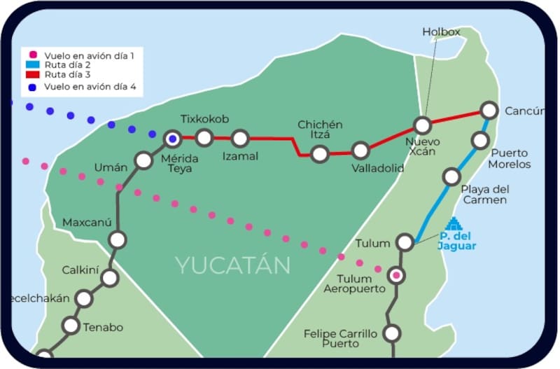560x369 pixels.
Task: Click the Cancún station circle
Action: (489, 111)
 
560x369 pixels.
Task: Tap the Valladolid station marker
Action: (360, 151)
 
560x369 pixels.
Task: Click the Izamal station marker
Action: (240, 138)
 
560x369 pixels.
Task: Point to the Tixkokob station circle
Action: (204, 138)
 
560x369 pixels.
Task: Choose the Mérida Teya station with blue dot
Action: (172, 139)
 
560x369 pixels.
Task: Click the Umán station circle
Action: (143, 160)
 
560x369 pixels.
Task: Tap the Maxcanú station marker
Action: (118, 239)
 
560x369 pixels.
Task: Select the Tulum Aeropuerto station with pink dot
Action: (397, 274)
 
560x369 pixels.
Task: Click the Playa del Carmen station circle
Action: (452, 176)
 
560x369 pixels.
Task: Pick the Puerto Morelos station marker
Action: (480, 140)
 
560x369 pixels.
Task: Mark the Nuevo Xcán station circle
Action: (422, 125)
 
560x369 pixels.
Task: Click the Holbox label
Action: (440, 32)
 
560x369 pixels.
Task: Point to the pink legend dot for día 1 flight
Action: (32, 54)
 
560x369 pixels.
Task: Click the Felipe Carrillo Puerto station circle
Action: (393, 333)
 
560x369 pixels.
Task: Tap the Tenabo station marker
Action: (71, 326)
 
